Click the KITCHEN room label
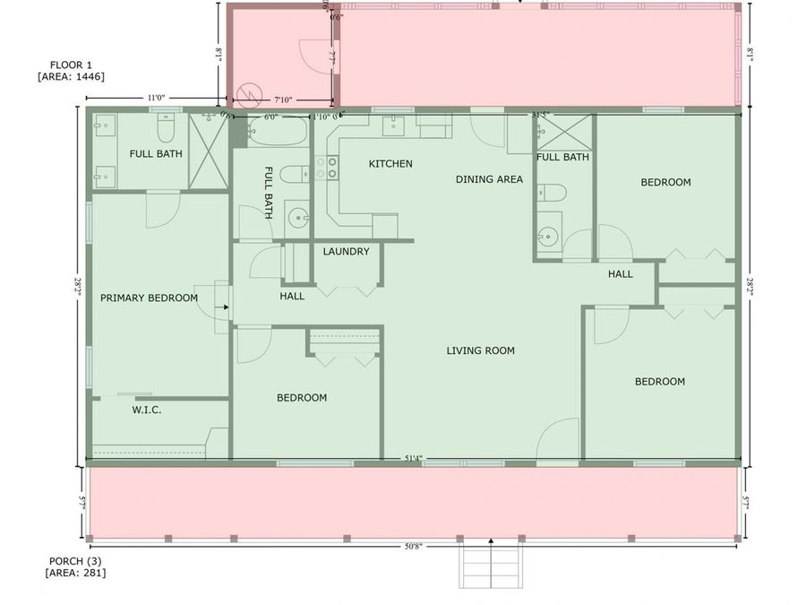click(x=390, y=164)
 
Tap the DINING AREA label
click(x=489, y=179)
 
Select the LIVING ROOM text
click(x=481, y=350)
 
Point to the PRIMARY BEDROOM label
click(x=149, y=298)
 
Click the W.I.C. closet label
click(x=146, y=410)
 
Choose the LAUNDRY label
click(x=346, y=252)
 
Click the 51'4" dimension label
click(x=413, y=459)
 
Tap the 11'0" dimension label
click(x=156, y=98)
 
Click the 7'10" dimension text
click(x=284, y=100)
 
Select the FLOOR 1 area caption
click(x=71, y=71)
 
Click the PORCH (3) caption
click(x=76, y=566)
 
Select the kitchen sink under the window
click(x=395, y=126)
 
